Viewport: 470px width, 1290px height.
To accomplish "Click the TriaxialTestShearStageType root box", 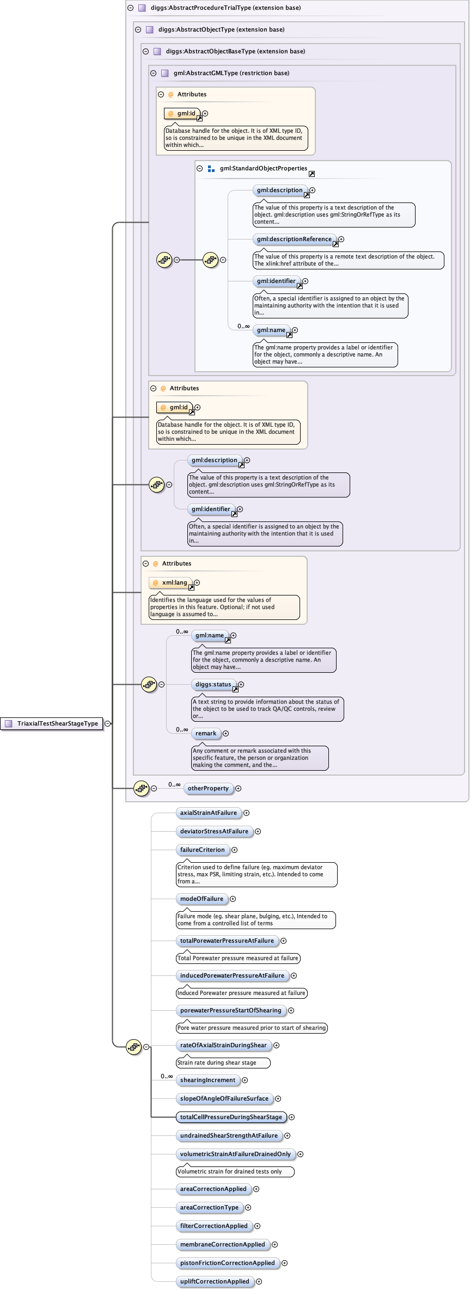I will pyautogui.click(x=52, y=723).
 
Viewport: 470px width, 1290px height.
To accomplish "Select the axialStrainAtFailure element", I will pyautogui.click(x=209, y=813).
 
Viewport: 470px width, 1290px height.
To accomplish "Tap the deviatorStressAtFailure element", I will pyautogui.click(x=214, y=831).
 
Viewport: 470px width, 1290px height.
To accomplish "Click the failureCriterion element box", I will pyautogui.click(x=202, y=850).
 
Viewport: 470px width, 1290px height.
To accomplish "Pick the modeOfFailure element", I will pyautogui.click(x=202, y=899).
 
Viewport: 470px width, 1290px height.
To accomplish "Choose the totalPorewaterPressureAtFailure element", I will pyautogui.click(x=227, y=941).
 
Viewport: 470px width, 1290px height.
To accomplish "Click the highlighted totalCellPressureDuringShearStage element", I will pyautogui.click(x=231, y=1117).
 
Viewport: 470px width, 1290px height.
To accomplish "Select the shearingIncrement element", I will pyautogui.click(x=207, y=1080).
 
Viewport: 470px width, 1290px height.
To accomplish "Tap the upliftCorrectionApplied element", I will pyautogui.click(x=215, y=1281).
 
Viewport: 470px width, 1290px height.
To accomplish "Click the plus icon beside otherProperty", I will pyautogui.click(x=238, y=788).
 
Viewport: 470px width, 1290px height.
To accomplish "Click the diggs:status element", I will pyautogui.click(x=213, y=684).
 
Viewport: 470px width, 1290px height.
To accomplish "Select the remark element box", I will pyautogui.click(x=206, y=733).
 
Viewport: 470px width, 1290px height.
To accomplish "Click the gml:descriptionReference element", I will pyautogui.click(x=294, y=239).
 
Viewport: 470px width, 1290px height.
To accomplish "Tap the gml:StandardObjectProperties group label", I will pyautogui.click(x=264, y=168).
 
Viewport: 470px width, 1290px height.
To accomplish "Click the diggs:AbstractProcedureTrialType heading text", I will pyautogui.click(x=225, y=8).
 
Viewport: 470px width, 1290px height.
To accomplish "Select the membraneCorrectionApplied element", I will pyautogui.click(x=222, y=1244).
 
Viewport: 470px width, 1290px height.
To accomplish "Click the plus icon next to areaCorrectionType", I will pyautogui.click(x=248, y=1207).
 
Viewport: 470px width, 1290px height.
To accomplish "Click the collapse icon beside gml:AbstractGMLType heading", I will pyautogui.click(x=153, y=73).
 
